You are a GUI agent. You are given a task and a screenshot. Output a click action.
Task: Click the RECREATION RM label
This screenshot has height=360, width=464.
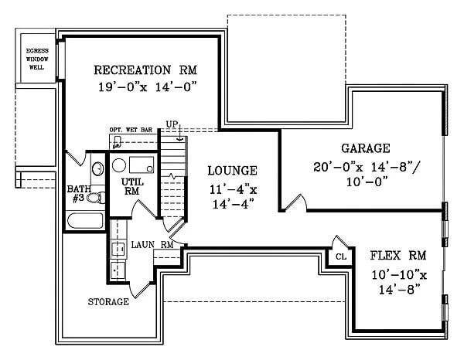(x=145, y=70)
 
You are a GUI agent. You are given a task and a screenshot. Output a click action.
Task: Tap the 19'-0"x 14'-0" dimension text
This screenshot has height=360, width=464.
(x=148, y=87)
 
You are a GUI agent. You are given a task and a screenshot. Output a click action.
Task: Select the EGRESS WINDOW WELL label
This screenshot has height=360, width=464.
(x=37, y=59)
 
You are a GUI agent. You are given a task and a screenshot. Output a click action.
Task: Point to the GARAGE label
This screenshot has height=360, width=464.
(x=366, y=148)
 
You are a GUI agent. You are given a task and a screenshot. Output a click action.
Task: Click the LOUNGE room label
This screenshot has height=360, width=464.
(x=232, y=171)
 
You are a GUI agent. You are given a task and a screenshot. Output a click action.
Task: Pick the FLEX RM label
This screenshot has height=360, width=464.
(x=398, y=256)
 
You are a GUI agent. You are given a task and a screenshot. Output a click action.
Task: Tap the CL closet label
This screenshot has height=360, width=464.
(x=341, y=256)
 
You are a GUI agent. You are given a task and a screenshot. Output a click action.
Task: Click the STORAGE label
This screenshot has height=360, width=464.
(x=108, y=302)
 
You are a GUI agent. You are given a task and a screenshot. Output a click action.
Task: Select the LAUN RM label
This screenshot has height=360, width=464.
(x=152, y=245)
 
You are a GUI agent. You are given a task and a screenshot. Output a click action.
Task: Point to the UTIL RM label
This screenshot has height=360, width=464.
(x=132, y=186)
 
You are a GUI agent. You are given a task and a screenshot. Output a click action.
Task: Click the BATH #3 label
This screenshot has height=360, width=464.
(x=79, y=194)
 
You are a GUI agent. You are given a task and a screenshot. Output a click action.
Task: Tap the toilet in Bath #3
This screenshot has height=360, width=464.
(x=96, y=198)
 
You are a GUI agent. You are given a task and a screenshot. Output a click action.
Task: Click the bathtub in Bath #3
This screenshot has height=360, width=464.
(x=85, y=221)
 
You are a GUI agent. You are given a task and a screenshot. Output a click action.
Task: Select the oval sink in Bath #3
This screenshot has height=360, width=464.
(x=98, y=168)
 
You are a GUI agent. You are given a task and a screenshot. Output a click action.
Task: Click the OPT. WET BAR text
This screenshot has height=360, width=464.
(x=131, y=130)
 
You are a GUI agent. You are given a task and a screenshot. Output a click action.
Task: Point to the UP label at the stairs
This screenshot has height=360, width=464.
(x=172, y=124)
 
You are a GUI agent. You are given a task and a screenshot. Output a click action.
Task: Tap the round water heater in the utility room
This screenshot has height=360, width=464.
(x=119, y=165)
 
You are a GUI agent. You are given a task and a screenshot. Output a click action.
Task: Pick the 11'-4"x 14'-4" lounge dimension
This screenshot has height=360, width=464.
(x=234, y=196)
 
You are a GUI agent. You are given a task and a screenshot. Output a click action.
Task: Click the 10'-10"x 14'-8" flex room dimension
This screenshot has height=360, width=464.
(x=399, y=282)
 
